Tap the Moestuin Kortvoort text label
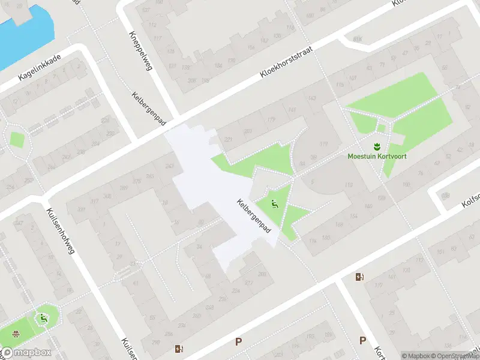pos(377,157)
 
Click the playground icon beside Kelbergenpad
pos(275,203)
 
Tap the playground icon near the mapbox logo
pos(43,319)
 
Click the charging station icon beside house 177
pos(359,277)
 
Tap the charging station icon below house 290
pos(179,349)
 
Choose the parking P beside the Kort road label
pos(362,340)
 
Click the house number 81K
pos(358,39)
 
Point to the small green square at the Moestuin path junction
pos(381,128)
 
